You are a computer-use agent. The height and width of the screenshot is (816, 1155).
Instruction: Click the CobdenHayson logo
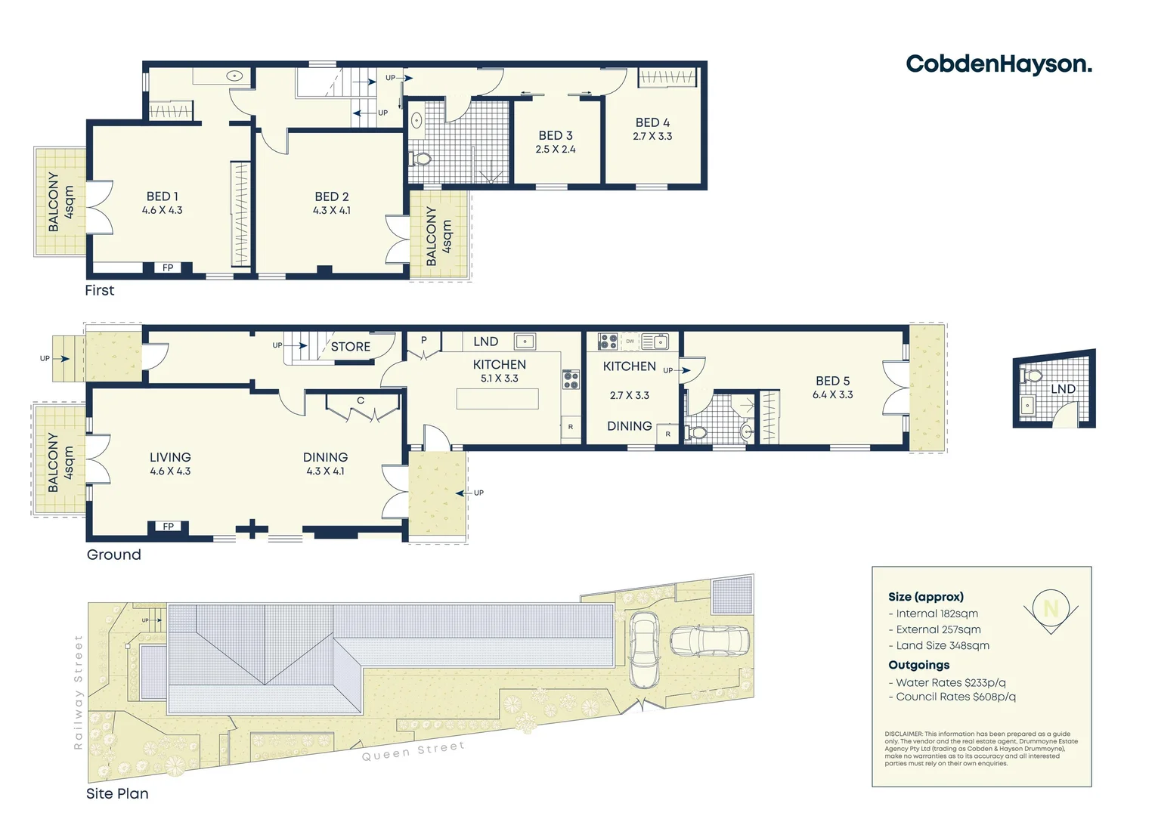pyautogui.click(x=999, y=64)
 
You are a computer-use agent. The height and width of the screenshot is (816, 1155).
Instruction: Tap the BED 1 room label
pyautogui.click(x=163, y=196)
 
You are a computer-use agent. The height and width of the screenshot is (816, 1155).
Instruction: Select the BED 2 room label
pyautogui.click(x=332, y=196)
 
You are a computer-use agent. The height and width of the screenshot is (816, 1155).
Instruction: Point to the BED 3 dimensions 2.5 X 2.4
pyautogui.click(x=556, y=150)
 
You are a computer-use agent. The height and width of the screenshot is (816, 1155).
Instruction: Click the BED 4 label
pyautogui.click(x=652, y=122)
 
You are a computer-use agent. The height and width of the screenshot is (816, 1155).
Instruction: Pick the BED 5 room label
pyautogui.click(x=832, y=381)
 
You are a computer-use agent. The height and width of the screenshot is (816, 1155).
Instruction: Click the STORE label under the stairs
pyautogui.click(x=351, y=347)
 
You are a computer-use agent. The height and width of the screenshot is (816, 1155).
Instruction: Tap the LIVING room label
pyautogui.click(x=170, y=457)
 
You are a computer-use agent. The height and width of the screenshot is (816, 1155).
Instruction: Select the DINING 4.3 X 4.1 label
pyautogui.click(x=325, y=464)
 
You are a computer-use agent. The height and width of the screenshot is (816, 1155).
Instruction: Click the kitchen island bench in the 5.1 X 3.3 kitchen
pyautogui.click(x=497, y=398)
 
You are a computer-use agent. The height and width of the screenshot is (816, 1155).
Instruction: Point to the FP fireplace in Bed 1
pyautogui.click(x=168, y=267)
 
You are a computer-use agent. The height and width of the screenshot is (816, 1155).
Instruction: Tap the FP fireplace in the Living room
pyautogui.click(x=168, y=527)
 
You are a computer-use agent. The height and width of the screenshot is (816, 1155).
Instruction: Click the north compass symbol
pyautogui.click(x=1051, y=609)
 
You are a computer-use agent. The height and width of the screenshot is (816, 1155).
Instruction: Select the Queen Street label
pyautogui.click(x=413, y=751)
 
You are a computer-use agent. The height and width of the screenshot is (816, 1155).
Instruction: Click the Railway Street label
pyautogui.click(x=78, y=692)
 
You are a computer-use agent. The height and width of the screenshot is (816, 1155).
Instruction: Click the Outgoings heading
pyautogui.click(x=918, y=665)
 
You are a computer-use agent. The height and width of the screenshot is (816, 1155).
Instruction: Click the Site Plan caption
pyautogui.click(x=117, y=793)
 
